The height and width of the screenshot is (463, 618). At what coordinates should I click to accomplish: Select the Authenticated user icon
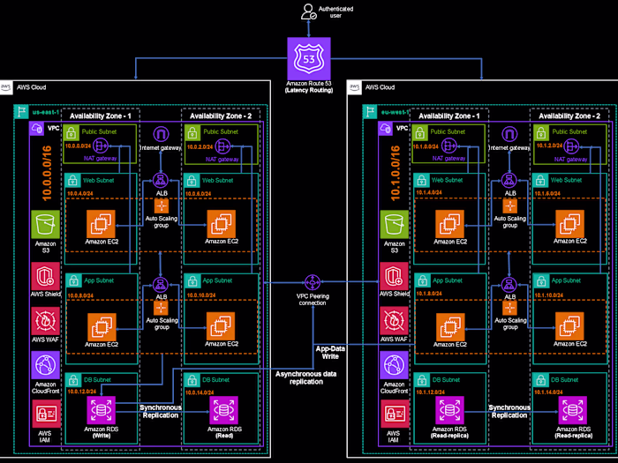tap(308, 12)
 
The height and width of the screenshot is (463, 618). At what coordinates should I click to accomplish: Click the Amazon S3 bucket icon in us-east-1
tap(42, 224)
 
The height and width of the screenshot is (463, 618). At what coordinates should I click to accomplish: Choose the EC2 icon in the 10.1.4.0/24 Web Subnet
tap(450, 224)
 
